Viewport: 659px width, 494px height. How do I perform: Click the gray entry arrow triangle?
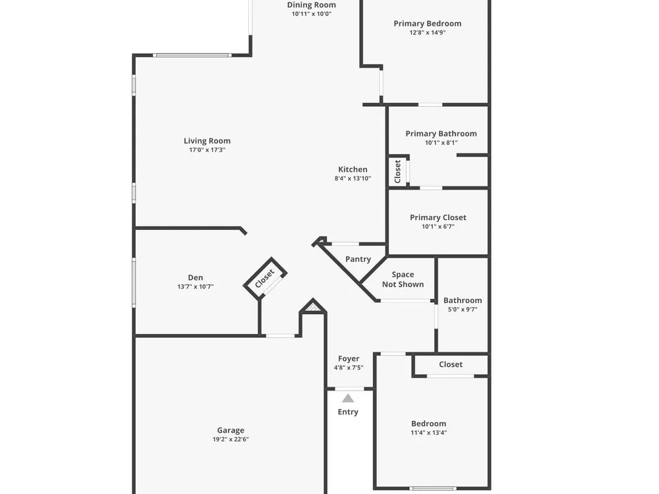tap(348, 398)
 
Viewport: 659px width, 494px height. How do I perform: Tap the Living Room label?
tap(207, 141)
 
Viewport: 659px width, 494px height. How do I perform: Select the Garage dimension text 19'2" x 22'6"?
tap(231, 439)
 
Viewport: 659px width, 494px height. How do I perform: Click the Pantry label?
tap(358, 259)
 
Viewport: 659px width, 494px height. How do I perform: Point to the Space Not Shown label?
tap(403, 279)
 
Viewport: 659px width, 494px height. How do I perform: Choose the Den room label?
tap(196, 277)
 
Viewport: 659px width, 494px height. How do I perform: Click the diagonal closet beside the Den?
tap(265, 279)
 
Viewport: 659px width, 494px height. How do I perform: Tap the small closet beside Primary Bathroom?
tap(397, 171)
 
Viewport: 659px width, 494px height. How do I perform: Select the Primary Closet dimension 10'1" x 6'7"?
tap(438, 227)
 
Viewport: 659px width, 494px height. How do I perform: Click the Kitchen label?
tap(353, 169)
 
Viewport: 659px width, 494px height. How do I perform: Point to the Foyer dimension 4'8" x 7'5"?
tap(349, 368)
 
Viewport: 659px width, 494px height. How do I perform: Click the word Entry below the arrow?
tap(348, 412)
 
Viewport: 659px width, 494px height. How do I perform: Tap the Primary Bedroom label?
tap(428, 24)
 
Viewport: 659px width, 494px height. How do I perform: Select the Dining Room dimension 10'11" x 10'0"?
tap(312, 14)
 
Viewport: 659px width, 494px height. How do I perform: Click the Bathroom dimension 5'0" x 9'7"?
tap(463, 310)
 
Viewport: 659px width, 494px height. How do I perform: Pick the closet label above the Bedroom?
tap(451, 364)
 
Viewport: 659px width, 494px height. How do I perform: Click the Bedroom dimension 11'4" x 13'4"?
tap(429, 433)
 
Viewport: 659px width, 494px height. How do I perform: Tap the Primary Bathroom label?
tap(441, 134)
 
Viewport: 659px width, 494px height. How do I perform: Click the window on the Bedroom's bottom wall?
tap(433, 488)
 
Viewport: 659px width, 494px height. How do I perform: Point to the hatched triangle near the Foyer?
tap(312, 307)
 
